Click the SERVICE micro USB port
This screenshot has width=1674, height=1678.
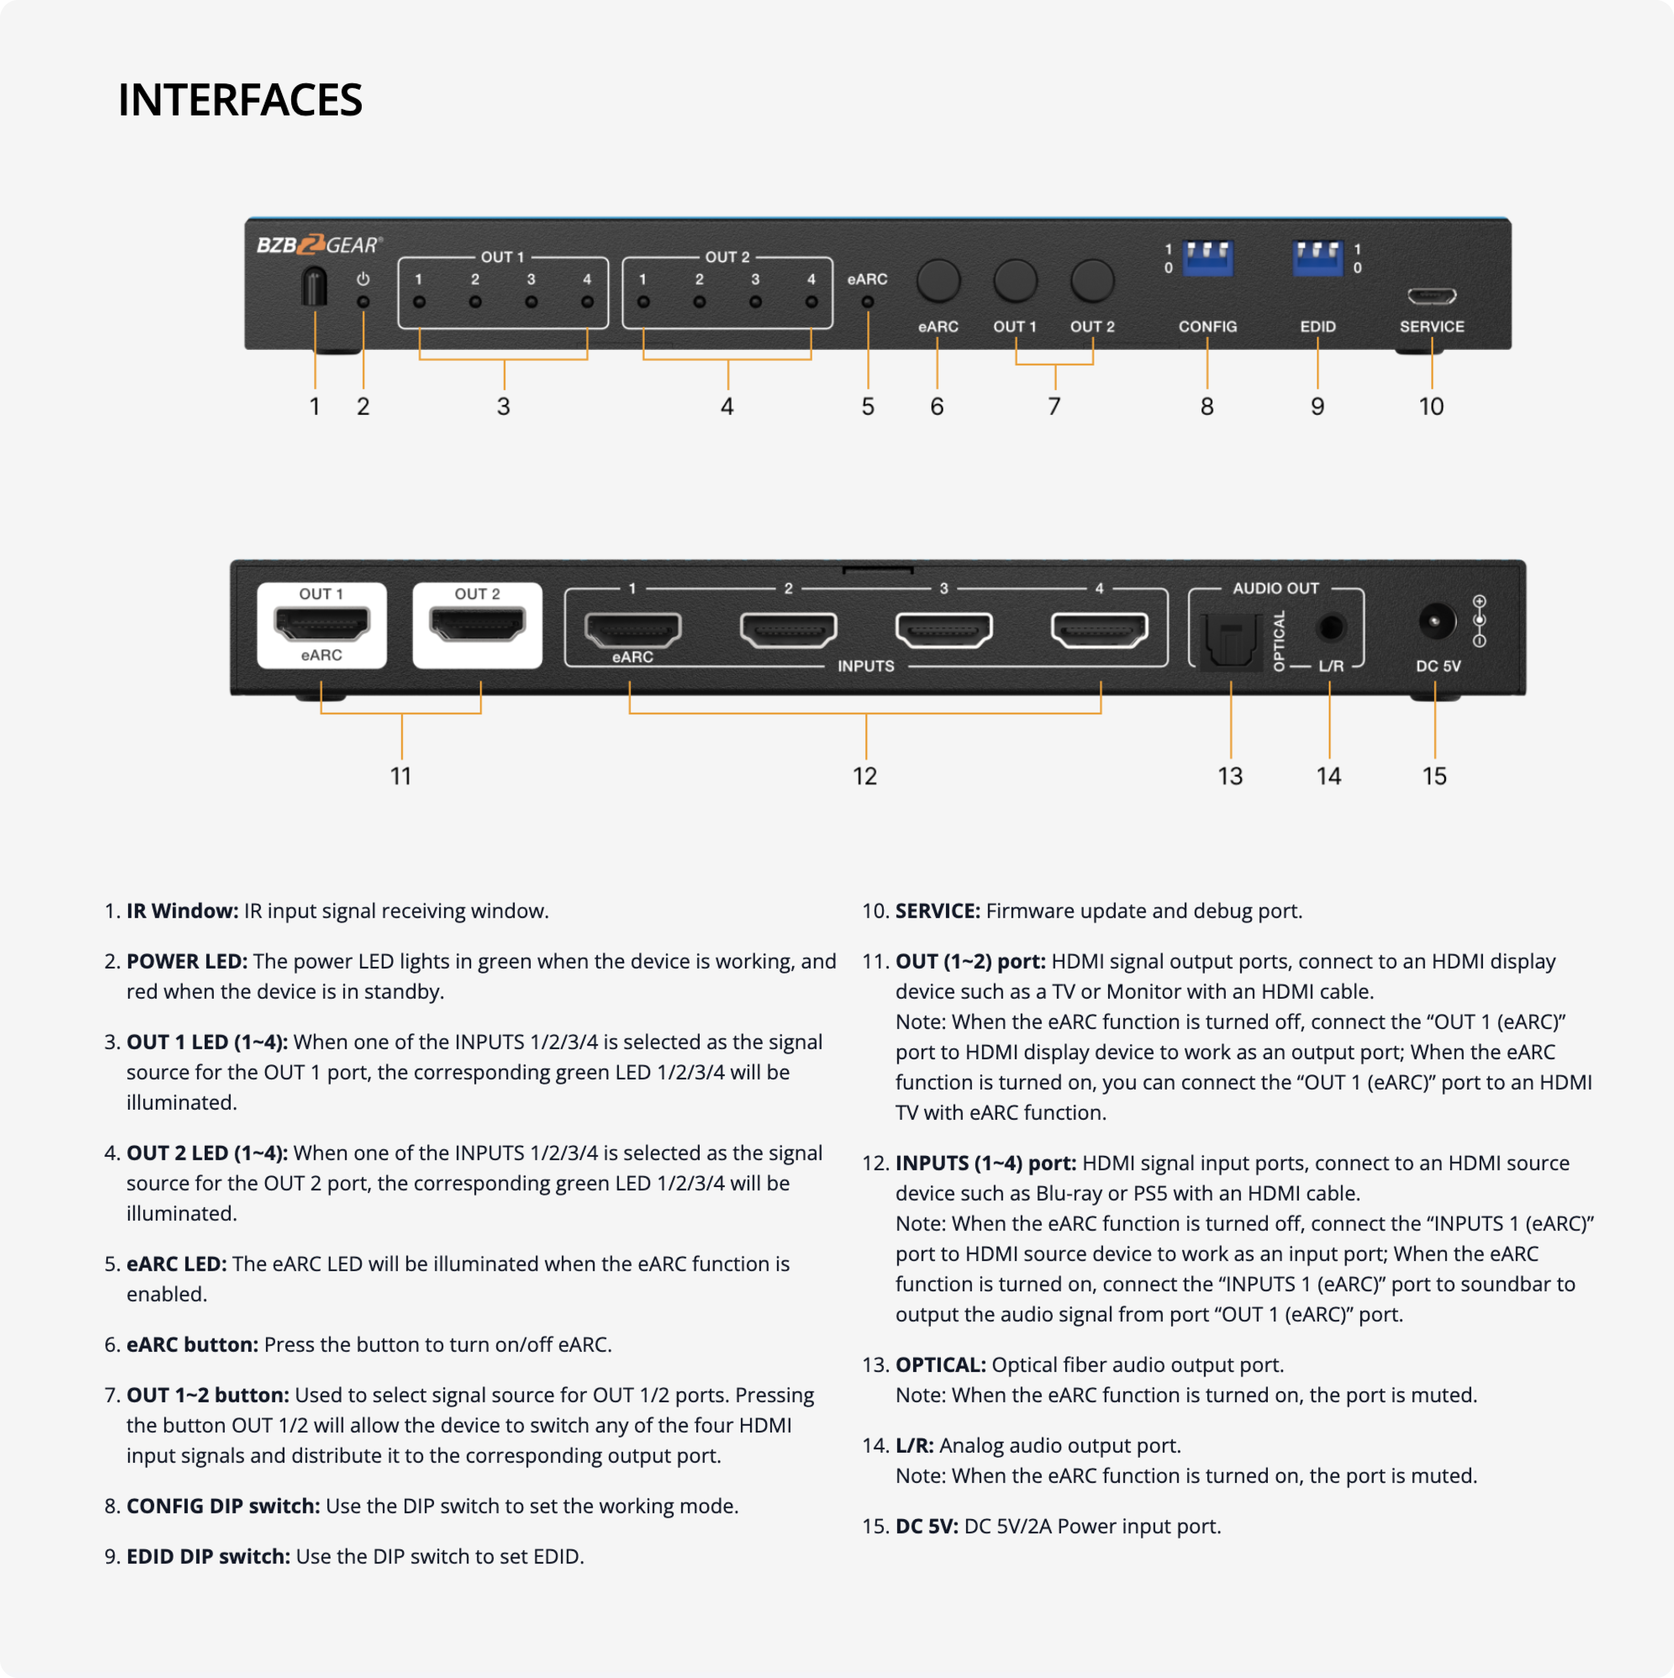coord(1431,297)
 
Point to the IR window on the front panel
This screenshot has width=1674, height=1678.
coord(314,287)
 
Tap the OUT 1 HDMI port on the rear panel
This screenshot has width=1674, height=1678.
coord(321,624)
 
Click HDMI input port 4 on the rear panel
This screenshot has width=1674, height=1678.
coord(1099,630)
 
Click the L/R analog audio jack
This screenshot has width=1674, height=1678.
coord(1330,626)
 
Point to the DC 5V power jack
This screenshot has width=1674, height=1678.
coord(1435,622)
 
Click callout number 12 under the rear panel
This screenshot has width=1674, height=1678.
coord(865,776)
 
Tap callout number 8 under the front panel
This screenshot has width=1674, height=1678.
coord(1207,407)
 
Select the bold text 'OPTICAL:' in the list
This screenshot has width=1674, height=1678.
coord(940,1364)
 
